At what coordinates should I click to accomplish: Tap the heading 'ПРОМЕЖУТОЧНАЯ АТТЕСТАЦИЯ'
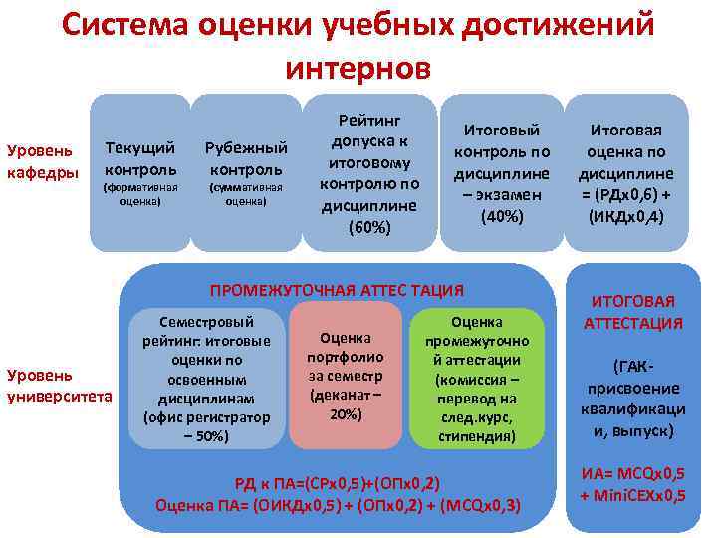coord(336,290)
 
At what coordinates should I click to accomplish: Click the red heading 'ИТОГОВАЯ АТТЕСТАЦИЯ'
coord(633,312)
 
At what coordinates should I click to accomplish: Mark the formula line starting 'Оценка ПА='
coord(338,505)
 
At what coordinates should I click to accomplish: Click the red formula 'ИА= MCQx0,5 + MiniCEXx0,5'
coord(633,484)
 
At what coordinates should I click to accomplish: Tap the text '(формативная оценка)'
coord(140,193)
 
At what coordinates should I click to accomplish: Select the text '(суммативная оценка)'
coord(245,193)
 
